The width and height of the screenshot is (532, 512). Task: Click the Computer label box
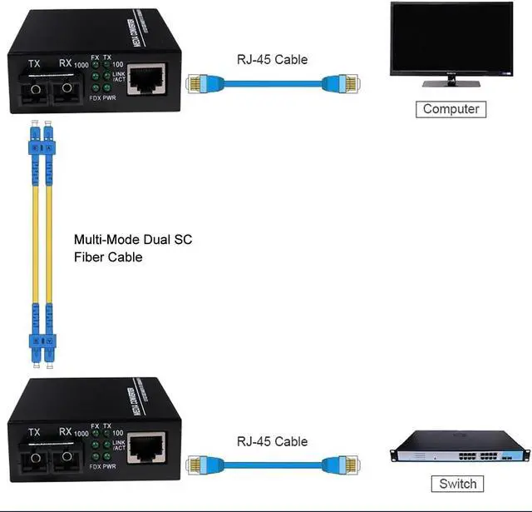pyautogui.click(x=451, y=109)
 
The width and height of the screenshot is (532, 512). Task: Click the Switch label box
pyautogui.click(x=457, y=484)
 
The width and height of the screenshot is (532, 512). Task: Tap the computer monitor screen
pyautogui.click(x=451, y=39)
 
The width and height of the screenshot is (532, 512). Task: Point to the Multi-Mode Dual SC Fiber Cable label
pyautogui.click(x=133, y=248)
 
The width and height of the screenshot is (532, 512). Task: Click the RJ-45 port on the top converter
pyautogui.click(x=146, y=81)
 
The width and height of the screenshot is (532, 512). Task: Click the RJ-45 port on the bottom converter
pyautogui.click(x=146, y=447)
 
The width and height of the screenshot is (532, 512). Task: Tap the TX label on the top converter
pyautogui.click(x=34, y=64)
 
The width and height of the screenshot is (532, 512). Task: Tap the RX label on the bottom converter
pyautogui.click(x=66, y=432)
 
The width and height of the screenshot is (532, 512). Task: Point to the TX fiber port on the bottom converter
pyautogui.click(x=34, y=455)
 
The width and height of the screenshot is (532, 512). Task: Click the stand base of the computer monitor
pyautogui.click(x=451, y=83)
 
